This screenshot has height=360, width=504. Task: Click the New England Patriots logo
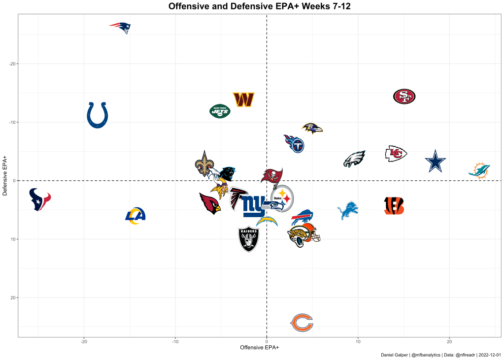tap(120, 27)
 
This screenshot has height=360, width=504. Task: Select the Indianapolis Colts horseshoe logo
tap(98, 115)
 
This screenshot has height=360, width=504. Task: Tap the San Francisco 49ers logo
tap(404, 97)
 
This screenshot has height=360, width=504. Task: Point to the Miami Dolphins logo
tap(479, 170)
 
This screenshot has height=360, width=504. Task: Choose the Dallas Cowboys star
tap(435, 162)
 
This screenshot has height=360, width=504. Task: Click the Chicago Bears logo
tap(302, 323)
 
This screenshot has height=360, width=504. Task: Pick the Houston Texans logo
tap(39, 199)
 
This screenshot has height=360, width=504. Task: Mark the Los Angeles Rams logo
tap(135, 215)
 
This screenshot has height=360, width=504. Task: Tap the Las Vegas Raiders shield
tap(248, 239)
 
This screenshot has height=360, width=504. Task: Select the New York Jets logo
tap(220, 111)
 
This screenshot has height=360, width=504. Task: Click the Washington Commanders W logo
tap(243, 99)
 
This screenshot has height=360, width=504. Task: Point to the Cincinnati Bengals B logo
tap(394, 206)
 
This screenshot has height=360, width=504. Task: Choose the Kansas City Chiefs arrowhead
tap(396, 154)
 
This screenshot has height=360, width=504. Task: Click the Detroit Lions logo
tap(347, 210)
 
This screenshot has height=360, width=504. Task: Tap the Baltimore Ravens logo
tap(312, 129)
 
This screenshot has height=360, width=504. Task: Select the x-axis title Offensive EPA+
tap(259, 348)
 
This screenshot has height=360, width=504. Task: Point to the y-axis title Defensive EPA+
tap(5, 176)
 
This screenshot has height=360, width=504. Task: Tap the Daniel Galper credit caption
tap(440, 355)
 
